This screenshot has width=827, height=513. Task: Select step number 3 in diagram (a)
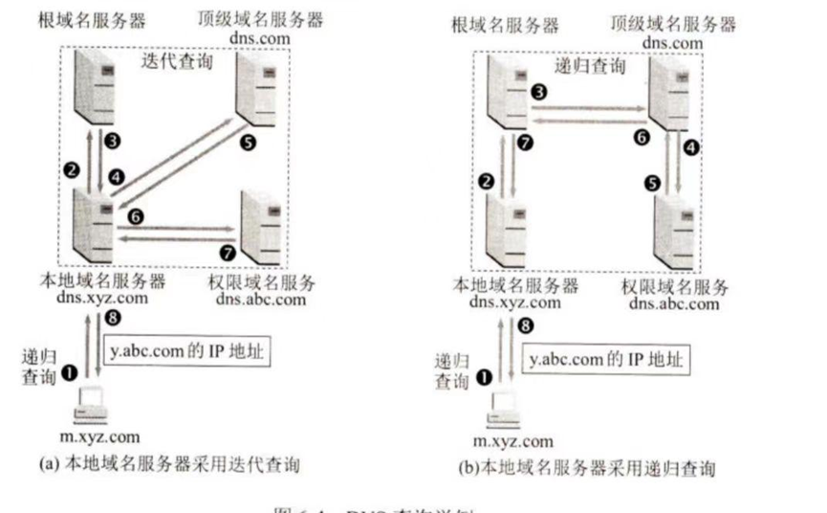click(113, 141)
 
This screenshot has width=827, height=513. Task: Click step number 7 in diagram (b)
click(521, 143)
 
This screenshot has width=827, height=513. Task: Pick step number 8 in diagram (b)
click(522, 324)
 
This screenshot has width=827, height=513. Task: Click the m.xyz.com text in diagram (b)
click(513, 440)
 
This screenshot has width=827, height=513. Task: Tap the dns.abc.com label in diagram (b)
click(674, 303)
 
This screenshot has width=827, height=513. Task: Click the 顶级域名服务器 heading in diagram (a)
click(259, 19)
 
